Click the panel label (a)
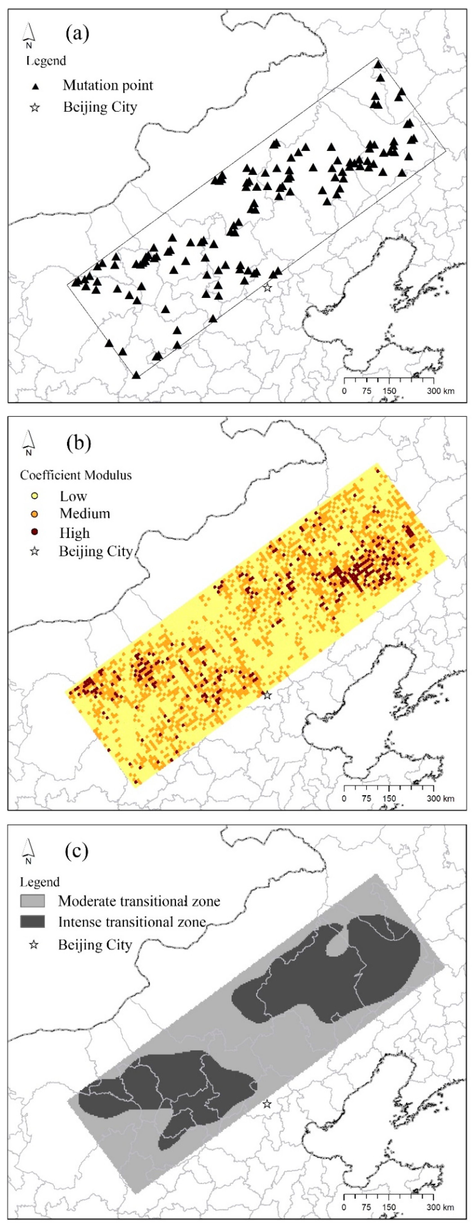[78, 34]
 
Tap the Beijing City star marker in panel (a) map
[267, 287]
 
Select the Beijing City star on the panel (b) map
[267, 695]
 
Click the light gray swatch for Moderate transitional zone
[32, 901]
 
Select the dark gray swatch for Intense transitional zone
[32, 922]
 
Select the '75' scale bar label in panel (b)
[366, 798]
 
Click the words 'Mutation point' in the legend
[108, 86]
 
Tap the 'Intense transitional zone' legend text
[132, 922]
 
